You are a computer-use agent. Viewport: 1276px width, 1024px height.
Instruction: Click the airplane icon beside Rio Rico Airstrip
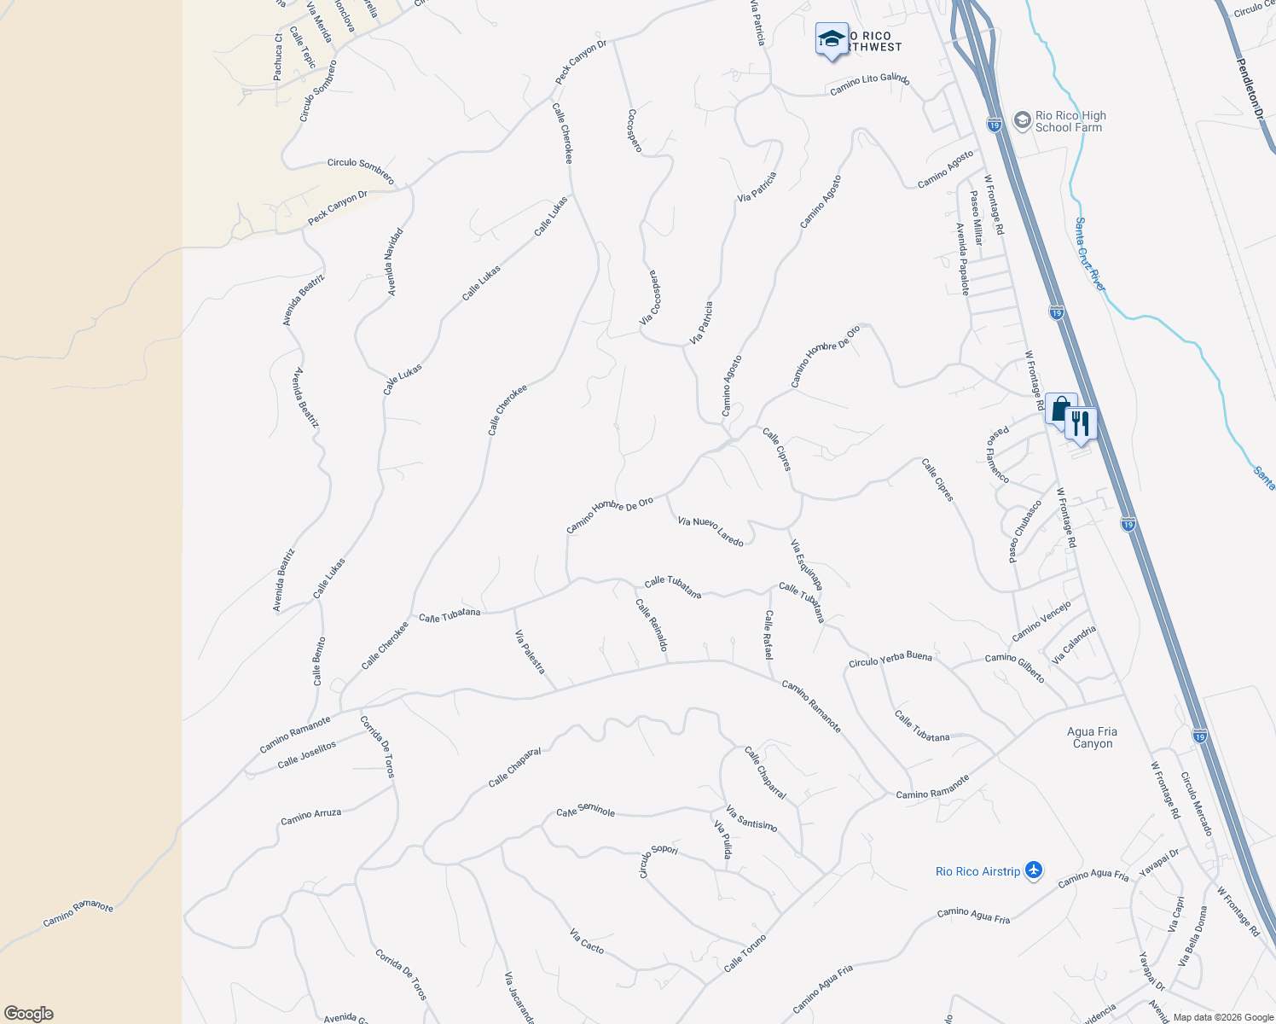[x=1034, y=870]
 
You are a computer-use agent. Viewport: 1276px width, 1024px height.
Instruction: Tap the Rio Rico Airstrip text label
[x=977, y=871]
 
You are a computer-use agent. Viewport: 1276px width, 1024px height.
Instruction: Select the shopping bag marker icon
[x=1060, y=409]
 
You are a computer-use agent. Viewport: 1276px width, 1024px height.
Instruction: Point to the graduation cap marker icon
[x=832, y=39]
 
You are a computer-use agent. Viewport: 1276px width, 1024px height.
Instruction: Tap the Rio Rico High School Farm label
[x=1070, y=121]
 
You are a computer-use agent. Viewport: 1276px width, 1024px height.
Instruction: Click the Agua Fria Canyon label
[x=1092, y=737]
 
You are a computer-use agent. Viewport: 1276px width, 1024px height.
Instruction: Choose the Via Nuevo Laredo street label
[x=710, y=531]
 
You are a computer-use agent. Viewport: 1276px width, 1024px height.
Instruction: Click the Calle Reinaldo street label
[x=652, y=625]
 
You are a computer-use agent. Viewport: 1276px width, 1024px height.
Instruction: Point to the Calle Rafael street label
[x=769, y=634]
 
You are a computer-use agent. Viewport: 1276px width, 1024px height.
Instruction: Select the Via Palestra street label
[x=530, y=651]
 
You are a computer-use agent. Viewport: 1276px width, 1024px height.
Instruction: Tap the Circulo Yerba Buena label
[x=890, y=660]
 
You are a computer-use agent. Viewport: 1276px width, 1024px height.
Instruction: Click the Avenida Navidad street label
[x=393, y=261]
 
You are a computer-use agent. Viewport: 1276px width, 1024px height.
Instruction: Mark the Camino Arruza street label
[x=311, y=817]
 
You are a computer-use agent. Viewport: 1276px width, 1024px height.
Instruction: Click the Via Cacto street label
[x=587, y=941]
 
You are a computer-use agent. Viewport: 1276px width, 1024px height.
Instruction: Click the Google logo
[x=29, y=1013]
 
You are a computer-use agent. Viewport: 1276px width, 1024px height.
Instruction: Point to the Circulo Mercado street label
[x=1196, y=804]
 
